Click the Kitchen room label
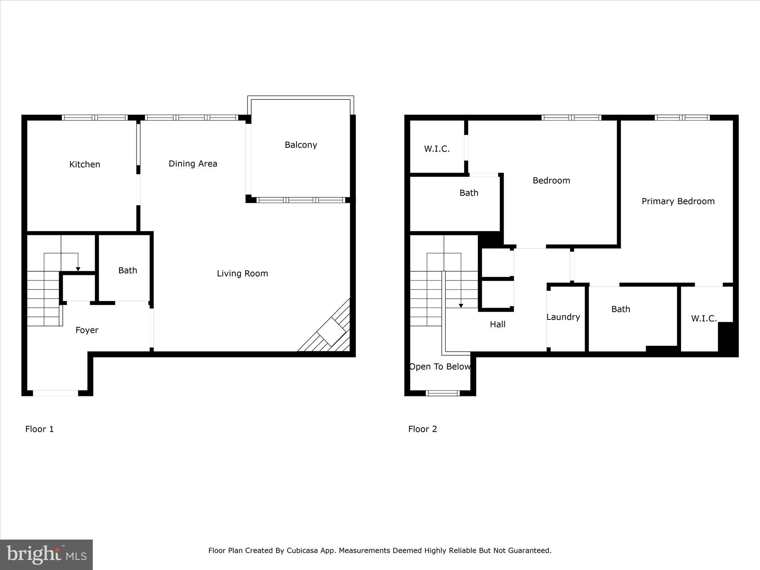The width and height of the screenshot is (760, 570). tap(85, 164)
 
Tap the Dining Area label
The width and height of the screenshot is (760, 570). tap(193, 164)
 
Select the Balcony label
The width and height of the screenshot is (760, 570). tap(301, 145)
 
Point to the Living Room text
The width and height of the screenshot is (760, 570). tap(242, 273)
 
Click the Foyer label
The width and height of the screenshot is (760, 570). tap(87, 330)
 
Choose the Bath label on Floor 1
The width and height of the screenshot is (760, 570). tap(128, 271)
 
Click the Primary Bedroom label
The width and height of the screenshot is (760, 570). tap(678, 202)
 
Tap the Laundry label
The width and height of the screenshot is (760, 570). tap(563, 317)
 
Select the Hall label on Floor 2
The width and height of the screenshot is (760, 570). tap(497, 324)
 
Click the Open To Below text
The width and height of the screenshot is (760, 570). tap(440, 367)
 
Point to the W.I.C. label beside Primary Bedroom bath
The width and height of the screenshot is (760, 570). tap(704, 318)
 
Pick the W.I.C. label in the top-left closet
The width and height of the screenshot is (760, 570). tap(437, 149)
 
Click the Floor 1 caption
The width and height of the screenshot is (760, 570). tap(39, 429)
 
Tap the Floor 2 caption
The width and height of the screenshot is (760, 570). tap(422, 429)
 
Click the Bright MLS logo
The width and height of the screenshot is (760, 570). tap(46, 554)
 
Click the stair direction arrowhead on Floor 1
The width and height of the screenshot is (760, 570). tap(78, 269)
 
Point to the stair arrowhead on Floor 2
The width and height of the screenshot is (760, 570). tap(461, 306)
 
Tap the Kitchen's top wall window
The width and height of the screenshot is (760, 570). tap(95, 118)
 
